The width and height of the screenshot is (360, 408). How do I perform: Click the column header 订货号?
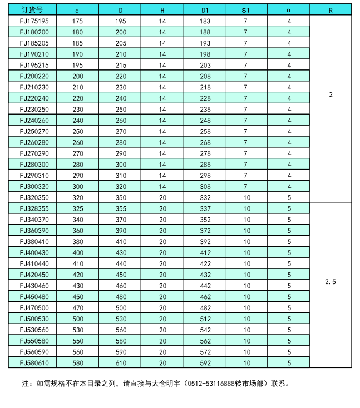pyautogui.click(x=31, y=10)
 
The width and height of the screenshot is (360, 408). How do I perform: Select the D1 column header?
pyautogui.click(x=205, y=10)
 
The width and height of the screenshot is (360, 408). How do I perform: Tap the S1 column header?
pyautogui.click(x=245, y=10)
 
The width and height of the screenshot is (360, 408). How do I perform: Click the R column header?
pyautogui.click(x=331, y=10)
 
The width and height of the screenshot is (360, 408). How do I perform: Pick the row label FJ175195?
pyautogui.click(x=34, y=21)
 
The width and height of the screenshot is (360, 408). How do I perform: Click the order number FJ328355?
pyautogui.click(x=34, y=208)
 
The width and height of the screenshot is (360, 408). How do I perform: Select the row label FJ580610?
pyautogui.click(x=34, y=362)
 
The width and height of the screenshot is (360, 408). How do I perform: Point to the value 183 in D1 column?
pyautogui.click(x=205, y=21)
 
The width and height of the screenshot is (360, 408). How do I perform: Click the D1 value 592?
pyautogui.click(x=205, y=362)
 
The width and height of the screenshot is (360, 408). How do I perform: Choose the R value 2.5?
pyautogui.click(x=331, y=282)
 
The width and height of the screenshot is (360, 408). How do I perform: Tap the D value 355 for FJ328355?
pyautogui.click(x=121, y=208)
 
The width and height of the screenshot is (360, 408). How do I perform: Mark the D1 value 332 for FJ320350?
pyautogui.click(x=205, y=197)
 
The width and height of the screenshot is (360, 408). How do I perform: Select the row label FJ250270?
pyautogui.click(x=34, y=131)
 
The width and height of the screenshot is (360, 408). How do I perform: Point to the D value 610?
pyautogui.click(x=121, y=362)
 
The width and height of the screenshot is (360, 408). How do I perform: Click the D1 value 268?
pyautogui.click(x=205, y=142)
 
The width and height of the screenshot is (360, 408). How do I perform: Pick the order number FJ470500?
pyautogui.click(x=34, y=307)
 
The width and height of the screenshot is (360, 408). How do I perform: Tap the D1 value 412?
pyautogui.click(x=205, y=252)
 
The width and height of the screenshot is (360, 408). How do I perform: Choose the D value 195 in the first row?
pyautogui.click(x=121, y=21)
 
